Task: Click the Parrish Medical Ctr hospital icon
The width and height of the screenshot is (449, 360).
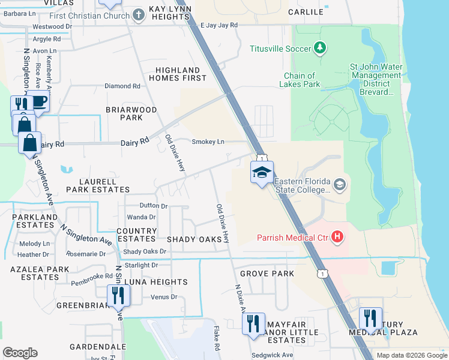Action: [337, 238]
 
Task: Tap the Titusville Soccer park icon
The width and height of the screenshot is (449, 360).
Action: [320, 47]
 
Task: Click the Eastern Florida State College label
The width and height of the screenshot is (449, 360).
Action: [303, 185]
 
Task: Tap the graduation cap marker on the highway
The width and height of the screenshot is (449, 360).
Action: [262, 173]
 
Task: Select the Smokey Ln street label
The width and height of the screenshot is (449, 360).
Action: [208, 142]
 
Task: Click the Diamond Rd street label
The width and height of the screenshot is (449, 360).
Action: [122, 86]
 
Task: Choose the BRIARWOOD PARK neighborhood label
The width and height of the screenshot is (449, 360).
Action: [131, 114]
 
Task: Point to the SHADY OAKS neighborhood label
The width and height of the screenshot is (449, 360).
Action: [194, 239]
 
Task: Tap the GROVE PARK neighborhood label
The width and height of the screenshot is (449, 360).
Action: [267, 274]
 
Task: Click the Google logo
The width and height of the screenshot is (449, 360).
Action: [20, 353]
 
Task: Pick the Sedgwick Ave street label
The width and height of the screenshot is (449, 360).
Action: [271, 355]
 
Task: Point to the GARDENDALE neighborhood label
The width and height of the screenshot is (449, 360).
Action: [97, 347]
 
